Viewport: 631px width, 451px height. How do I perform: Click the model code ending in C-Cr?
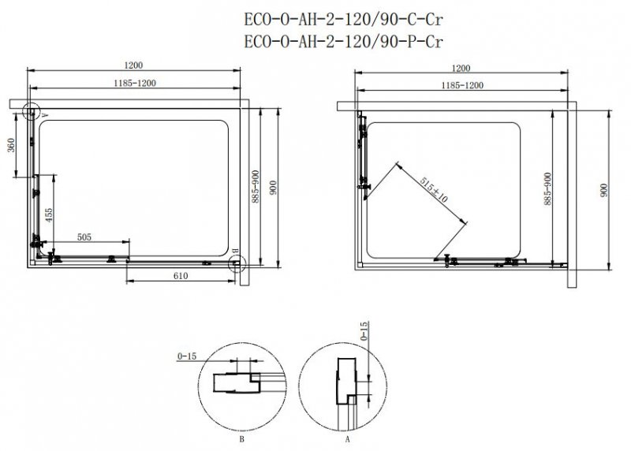coord(343,19)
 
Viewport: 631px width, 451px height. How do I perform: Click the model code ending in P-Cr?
coord(343,42)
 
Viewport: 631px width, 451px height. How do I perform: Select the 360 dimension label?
coord(11,145)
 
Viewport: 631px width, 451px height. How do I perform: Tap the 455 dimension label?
coord(48,215)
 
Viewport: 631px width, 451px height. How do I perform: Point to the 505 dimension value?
coord(84,237)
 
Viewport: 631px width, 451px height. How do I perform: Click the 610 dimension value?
coord(181,276)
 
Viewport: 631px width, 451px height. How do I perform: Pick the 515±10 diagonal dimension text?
coord(433,189)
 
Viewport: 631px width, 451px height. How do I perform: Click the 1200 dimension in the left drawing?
coord(133,65)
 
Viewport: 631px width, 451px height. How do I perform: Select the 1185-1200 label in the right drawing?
coord(462,85)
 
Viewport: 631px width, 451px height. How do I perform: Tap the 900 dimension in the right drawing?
coord(603,190)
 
